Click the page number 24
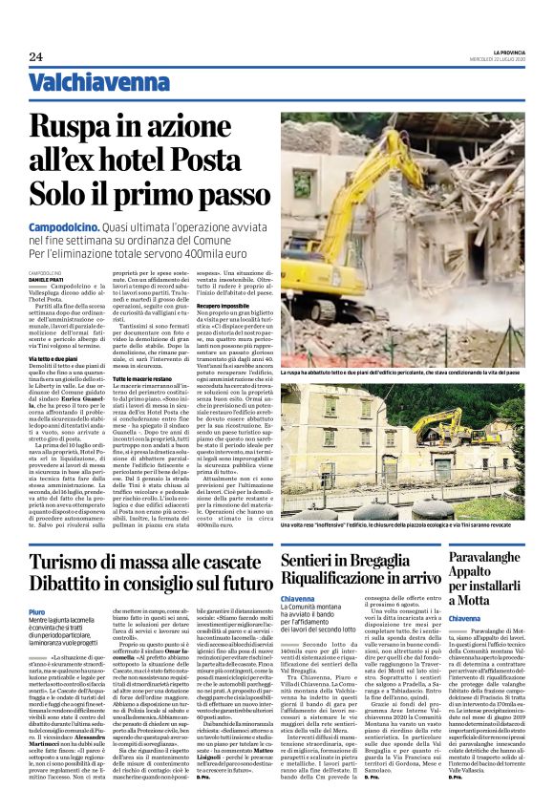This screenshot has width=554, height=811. pos(35,56)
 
